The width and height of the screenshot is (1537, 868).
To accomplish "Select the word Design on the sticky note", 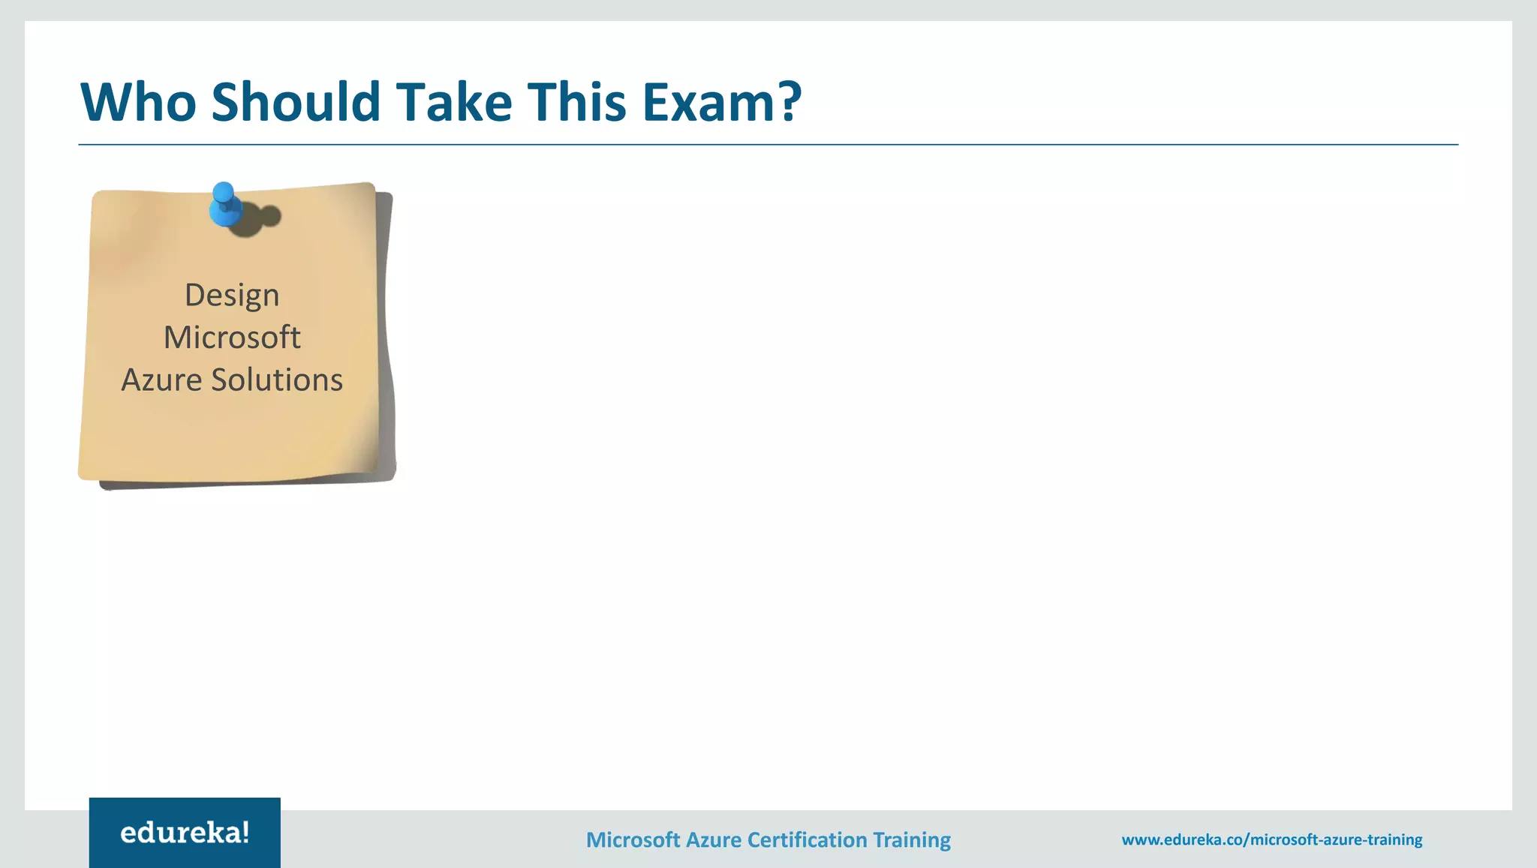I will (232, 295).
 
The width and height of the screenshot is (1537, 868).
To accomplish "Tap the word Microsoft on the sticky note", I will (232, 338).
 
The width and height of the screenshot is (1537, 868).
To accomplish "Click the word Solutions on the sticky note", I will (277, 380).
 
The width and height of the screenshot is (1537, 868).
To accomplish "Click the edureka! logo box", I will (185, 833).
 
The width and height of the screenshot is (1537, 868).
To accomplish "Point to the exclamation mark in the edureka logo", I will (245, 832).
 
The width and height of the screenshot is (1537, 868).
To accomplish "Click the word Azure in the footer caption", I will (712, 839).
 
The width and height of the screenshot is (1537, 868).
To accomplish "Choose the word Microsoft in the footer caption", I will (633, 839).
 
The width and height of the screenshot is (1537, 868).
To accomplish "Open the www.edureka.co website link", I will (1271, 839).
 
